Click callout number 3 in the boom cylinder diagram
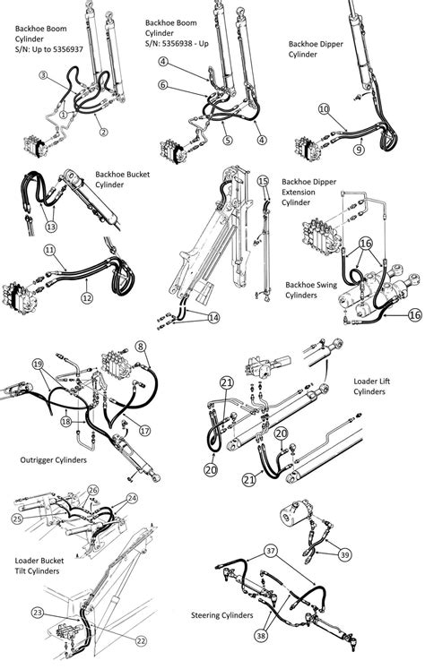point(42,75)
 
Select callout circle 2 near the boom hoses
point(104,133)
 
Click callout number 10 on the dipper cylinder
point(324,108)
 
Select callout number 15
point(263,181)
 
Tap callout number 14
point(212,317)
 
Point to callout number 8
point(141,346)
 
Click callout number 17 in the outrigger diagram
point(144,430)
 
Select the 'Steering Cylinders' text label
point(221,616)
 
